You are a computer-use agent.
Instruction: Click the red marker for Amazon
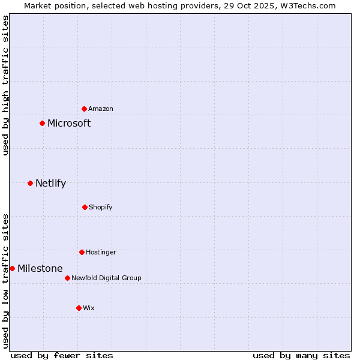pyautogui.click(x=84, y=109)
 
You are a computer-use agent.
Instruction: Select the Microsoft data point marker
pyautogui.click(x=42, y=124)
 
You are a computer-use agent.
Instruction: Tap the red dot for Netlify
pyautogui.click(x=30, y=183)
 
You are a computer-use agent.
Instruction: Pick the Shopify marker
pyautogui.click(x=85, y=207)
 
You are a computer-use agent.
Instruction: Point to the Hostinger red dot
pyautogui.click(x=82, y=252)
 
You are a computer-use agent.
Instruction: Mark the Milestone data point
pyautogui.click(x=12, y=268)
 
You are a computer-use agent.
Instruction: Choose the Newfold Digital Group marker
pyautogui.click(x=67, y=278)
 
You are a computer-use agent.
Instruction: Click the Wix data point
pyautogui.click(x=79, y=308)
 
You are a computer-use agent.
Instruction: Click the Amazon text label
pyautogui.click(x=101, y=109)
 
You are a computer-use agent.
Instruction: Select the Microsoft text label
pyautogui.click(x=69, y=124)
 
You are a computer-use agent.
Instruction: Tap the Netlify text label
pyautogui.click(x=50, y=184)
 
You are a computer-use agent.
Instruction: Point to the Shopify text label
pyautogui.click(x=101, y=207)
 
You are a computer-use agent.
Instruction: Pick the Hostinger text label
pyautogui.click(x=101, y=252)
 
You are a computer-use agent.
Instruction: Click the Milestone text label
pyautogui.click(x=40, y=268)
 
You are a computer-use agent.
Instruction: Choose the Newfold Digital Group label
pyautogui.click(x=106, y=278)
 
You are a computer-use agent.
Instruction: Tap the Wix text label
pyautogui.click(x=89, y=308)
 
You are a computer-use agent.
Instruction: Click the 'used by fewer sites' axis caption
pyautogui.click(x=62, y=355)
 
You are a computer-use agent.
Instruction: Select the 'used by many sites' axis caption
pyautogui.click(x=301, y=355)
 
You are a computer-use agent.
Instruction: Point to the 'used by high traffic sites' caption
pyautogui.click(x=5, y=85)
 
